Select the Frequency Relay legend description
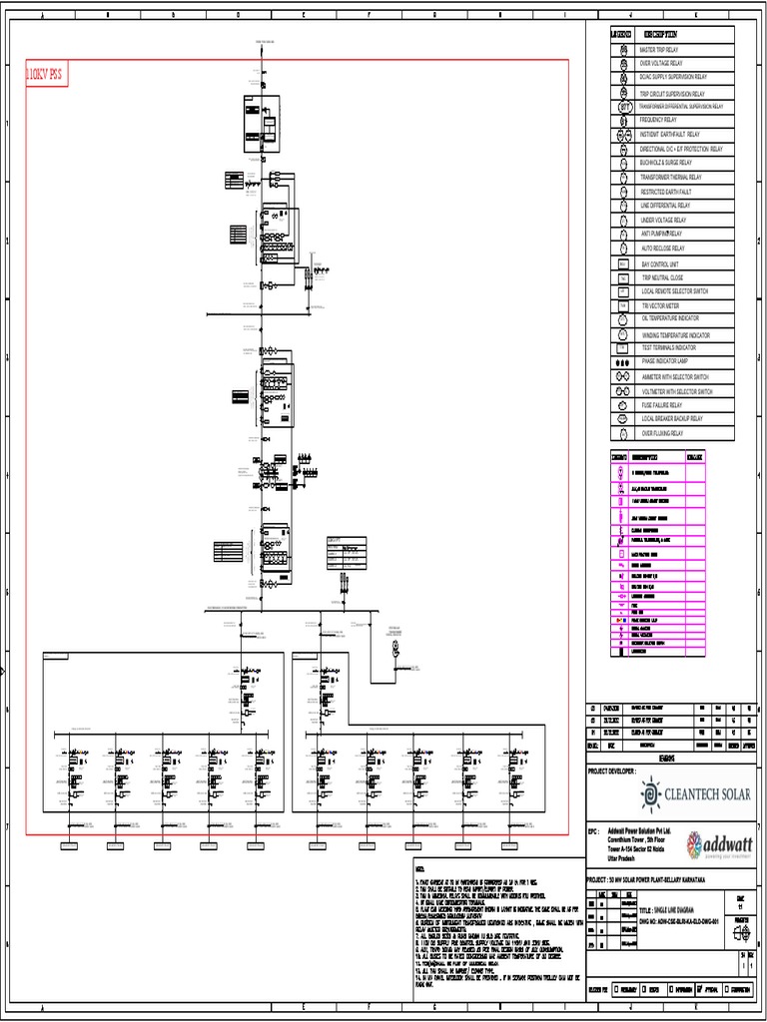coord(658,120)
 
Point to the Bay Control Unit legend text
coord(660,263)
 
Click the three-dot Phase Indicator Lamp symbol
coord(623,360)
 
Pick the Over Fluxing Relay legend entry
coord(663,433)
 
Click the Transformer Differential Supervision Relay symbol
coord(623,105)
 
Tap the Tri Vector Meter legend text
coord(660,305)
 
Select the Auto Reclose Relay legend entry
coord(663,248)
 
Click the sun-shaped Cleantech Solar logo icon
coord(652,794)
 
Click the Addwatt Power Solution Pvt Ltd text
coord(639,830)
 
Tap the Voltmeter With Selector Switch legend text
coord(677,391)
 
